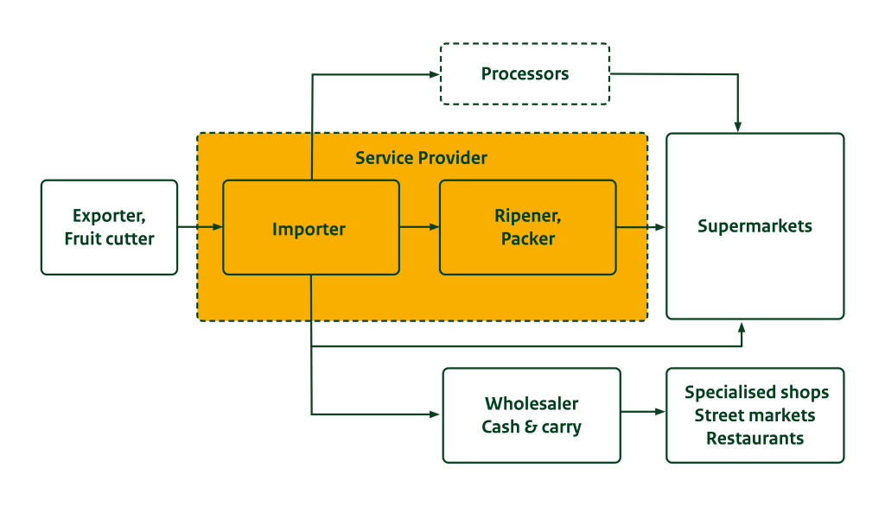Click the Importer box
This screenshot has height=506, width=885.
pos(310,228)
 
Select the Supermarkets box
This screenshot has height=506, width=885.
pos(754,226)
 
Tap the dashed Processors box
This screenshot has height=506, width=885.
pos(525,74)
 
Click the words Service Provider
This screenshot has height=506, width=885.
pos(421,158)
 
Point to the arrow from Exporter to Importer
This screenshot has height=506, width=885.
pos(200,227)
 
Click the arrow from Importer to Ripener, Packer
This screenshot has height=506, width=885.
pos(419,227)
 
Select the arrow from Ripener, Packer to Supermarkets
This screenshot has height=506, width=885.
pos(640,227)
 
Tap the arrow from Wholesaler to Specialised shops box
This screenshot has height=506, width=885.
pos(643,412)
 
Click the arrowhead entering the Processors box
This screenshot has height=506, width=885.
pos(435,75)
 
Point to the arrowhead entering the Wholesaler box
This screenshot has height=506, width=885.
pos(435,414)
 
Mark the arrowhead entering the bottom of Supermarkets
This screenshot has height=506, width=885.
pos(741,326)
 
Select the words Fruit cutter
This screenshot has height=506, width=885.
pos(109,238)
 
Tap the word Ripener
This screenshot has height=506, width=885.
pos(527,216)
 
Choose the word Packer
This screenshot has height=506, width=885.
pos(527,238)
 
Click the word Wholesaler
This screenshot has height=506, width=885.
pos(532,403)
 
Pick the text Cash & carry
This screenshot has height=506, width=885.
pos(532,427)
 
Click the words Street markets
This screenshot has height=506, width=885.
pos(754,415)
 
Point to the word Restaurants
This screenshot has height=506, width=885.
pos(754,438)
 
